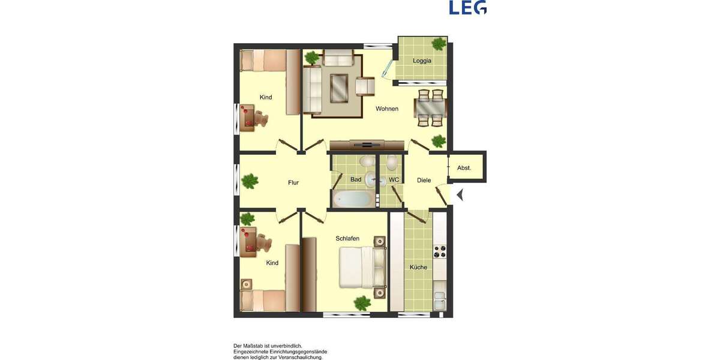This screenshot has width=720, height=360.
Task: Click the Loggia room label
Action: coord(422,61)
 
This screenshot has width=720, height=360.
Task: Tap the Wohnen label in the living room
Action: coord(387,109)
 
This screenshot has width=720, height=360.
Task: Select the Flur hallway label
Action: coord(293,182)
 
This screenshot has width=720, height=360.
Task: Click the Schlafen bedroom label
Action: coord(347,238)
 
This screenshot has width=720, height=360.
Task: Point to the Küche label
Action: coord(418,267)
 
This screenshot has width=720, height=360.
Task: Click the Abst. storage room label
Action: coord(464,168)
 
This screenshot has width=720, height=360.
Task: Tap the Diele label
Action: coord(424,180)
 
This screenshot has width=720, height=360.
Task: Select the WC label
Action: coord(394,179)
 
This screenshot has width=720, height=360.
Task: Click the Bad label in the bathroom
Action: coord(356,179)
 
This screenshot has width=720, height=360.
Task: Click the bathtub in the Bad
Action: coord(352,199)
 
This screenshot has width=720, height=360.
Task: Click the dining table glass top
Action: coord(430,109)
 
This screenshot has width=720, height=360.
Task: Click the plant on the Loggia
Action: coord(439,44)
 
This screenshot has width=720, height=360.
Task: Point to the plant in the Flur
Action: coord(250,180)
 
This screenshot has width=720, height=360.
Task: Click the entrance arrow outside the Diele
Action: coord(460,194)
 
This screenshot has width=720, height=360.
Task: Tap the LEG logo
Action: coord(467,7)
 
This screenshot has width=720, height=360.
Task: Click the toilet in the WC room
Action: coord(392,162)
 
